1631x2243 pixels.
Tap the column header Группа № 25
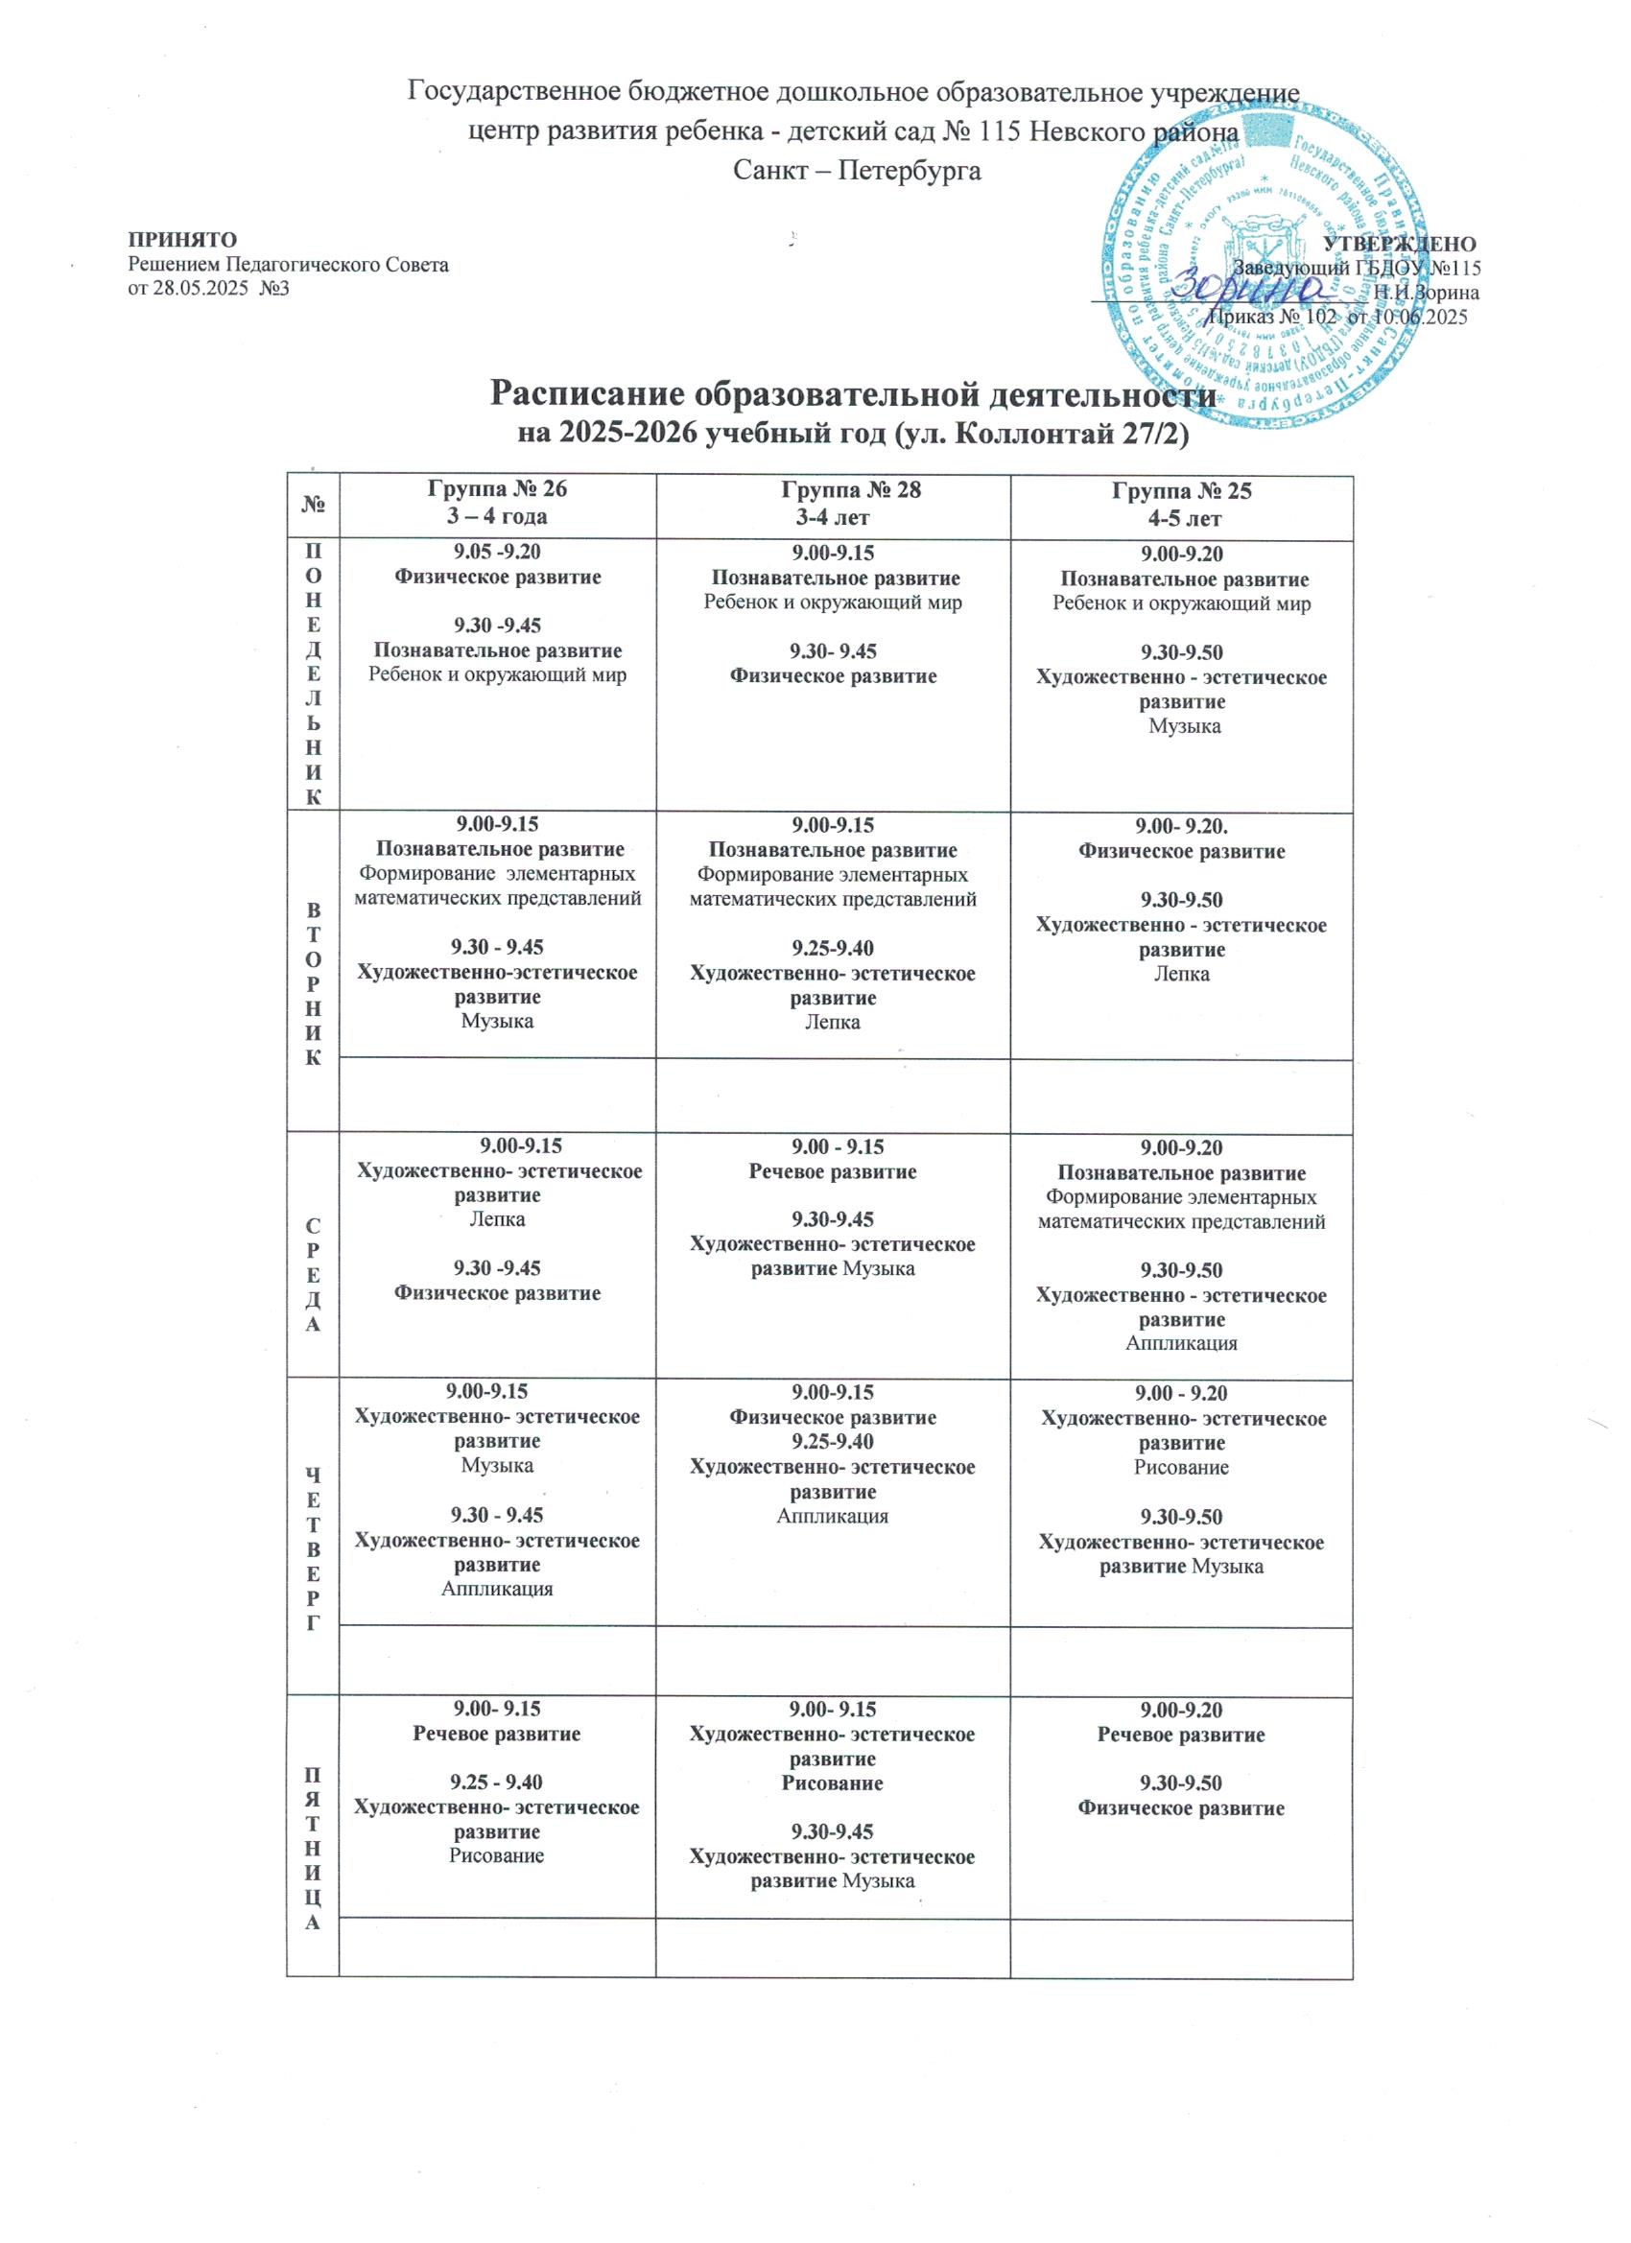click(1183, 490)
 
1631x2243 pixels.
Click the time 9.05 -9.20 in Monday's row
click(498, 553)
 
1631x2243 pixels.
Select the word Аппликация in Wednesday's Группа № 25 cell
click(1181, 1343)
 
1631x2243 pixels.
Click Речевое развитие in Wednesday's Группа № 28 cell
click(832, 1172)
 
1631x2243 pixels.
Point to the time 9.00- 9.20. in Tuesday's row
click(1182, 826)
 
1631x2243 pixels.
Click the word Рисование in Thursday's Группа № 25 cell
click(1181, 1468)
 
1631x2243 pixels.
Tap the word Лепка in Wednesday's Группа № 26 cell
click(497, 1219)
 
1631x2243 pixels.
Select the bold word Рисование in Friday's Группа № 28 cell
click(832, 1784)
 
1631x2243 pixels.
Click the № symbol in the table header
click(313, 504)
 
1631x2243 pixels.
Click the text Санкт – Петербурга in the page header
click(857, 170)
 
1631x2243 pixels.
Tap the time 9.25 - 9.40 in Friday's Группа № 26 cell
click(497, 1783)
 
